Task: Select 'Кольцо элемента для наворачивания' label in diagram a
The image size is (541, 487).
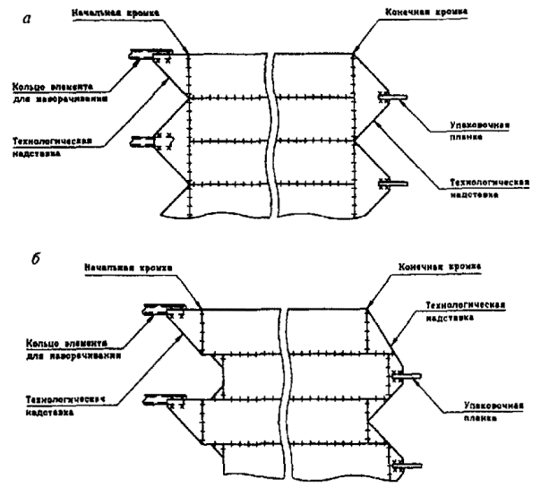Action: [x=58, y=94]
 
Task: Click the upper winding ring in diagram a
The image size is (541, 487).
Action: [x=148, y=55]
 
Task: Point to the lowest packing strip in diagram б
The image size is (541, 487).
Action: [x=408, y=464]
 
